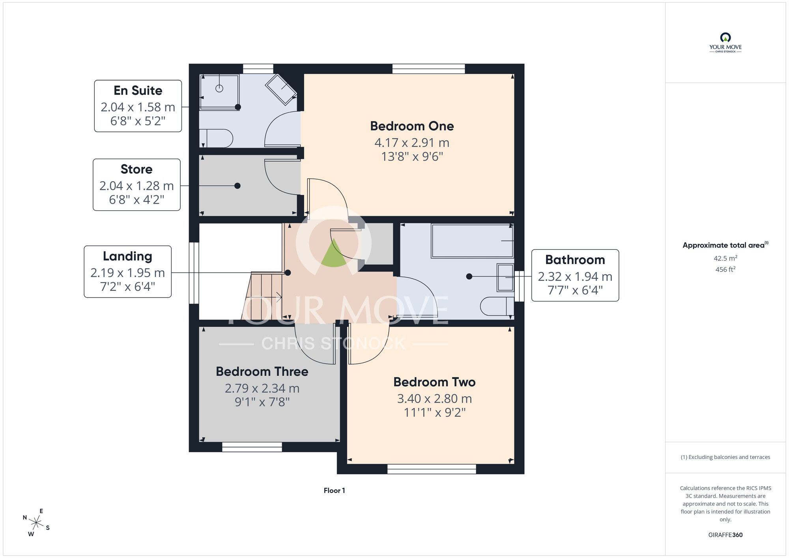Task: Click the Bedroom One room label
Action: pos(412,126)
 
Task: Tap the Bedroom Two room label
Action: pos(434,382)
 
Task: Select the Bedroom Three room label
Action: pos(262,372)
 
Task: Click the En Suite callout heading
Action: pos(138,91)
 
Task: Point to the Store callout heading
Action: pos(136,169)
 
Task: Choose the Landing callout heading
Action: pos(127,257)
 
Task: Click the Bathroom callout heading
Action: pos(575,260)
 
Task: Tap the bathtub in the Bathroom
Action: pos(472,241)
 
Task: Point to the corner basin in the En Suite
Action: pos(281,89)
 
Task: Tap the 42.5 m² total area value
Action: pos(725,258)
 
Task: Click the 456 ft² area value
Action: pos(725,270)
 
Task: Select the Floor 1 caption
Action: pos(334,491)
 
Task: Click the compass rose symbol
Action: pos(36,523)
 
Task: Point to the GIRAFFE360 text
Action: pos(725,535)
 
